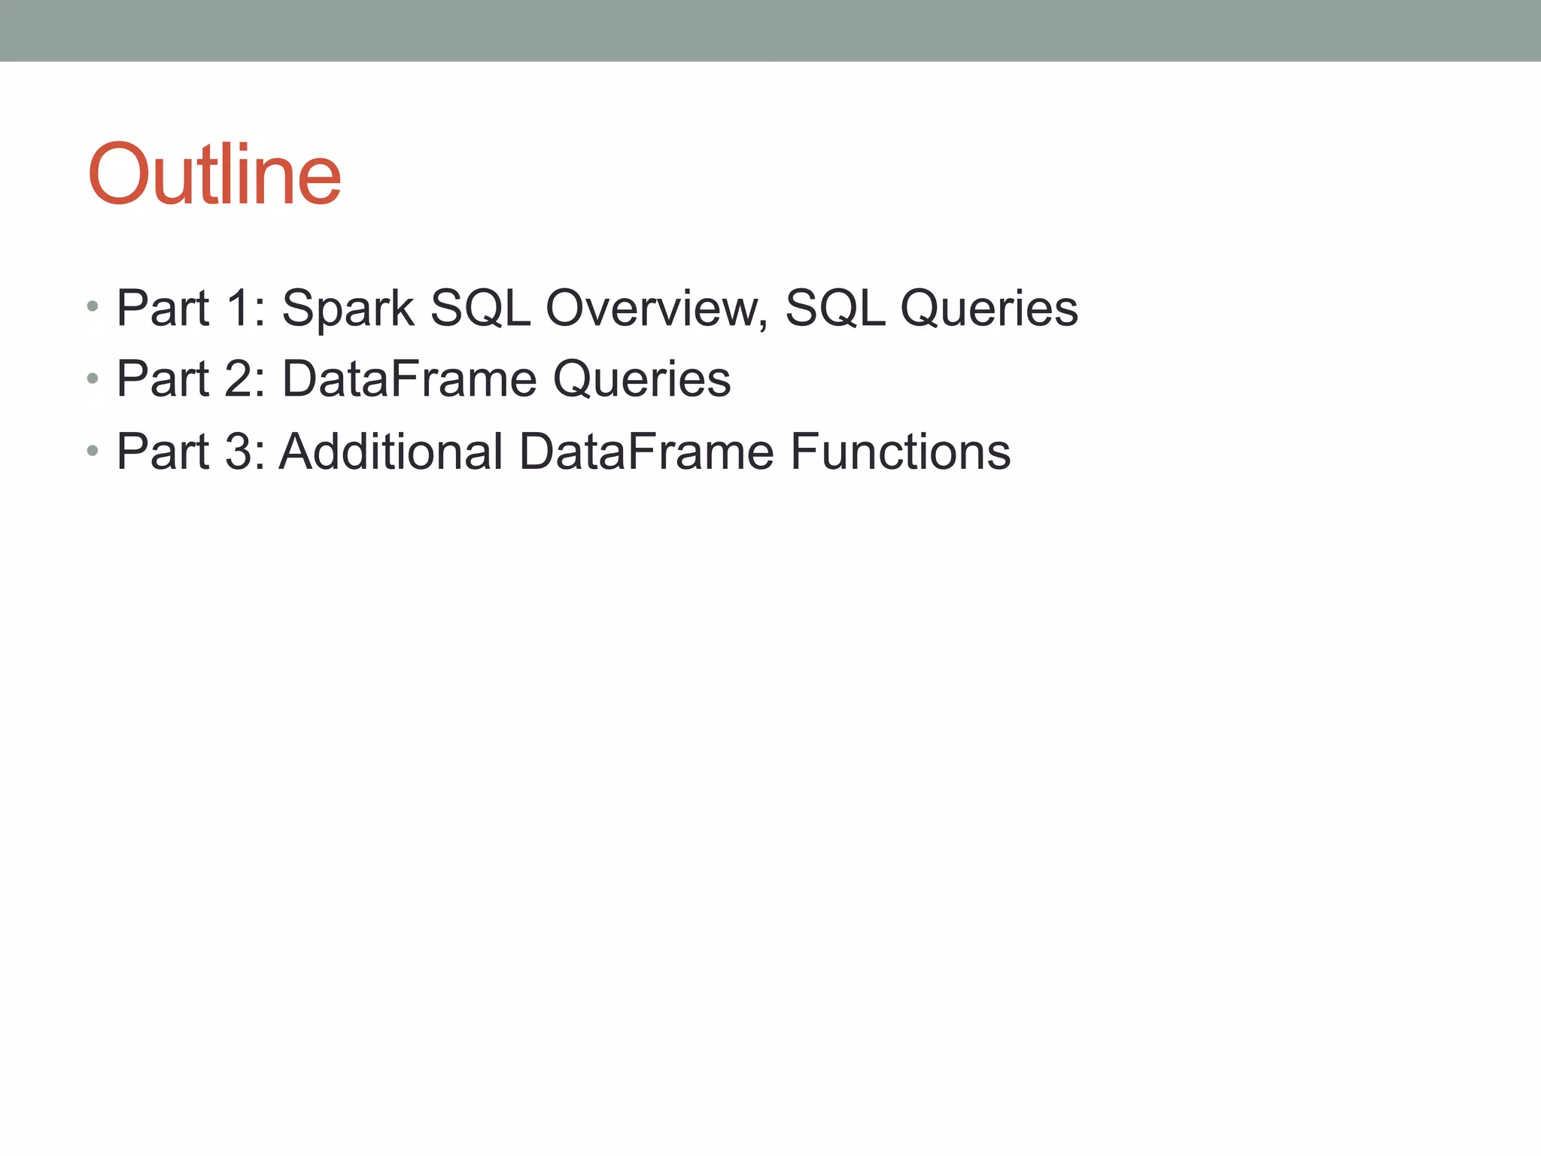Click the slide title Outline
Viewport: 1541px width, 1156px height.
214,175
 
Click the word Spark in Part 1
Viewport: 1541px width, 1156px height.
348,309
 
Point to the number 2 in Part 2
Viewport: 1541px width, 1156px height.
242,379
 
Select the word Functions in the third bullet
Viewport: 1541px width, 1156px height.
900,452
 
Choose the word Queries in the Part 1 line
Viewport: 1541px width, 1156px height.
989,309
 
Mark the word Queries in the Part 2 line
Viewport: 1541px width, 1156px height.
642,379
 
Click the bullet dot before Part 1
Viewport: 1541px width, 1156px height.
93,306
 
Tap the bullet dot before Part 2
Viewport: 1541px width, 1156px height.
93,378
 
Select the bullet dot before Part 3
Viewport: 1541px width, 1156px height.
93,451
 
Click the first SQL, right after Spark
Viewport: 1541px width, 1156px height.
480,309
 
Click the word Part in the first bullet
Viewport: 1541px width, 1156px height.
163,309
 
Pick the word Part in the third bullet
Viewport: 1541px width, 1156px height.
163,452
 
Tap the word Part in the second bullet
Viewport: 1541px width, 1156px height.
163,379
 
